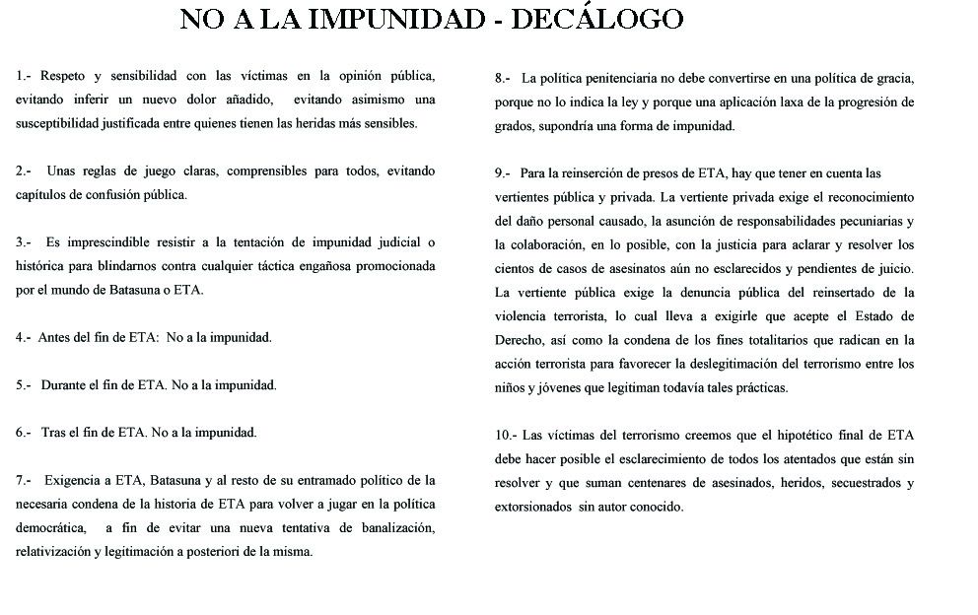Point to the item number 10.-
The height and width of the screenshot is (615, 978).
point(506,435)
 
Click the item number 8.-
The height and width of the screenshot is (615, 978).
point(502,77)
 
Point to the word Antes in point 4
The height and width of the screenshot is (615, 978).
point(55,337)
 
